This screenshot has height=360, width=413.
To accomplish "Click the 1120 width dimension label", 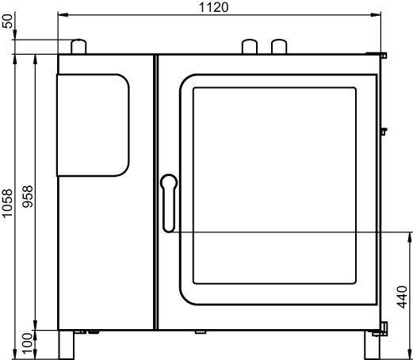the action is [x=213, y=7].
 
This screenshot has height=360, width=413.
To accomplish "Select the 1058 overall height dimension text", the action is [x=8, y=203].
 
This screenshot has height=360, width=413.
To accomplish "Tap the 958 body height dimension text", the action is [x=28, y=197].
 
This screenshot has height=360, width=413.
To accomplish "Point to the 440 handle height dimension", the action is [x=402, y=297].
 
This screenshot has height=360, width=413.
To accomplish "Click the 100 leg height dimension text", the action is [x=28, y=343].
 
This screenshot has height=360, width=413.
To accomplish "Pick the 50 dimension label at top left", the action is [x=8, y=21].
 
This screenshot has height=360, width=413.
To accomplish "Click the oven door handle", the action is [x=169, y=203].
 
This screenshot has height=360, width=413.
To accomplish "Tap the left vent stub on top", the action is [x=78, y=47].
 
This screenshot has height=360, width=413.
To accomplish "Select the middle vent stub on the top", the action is [x=250, y=47].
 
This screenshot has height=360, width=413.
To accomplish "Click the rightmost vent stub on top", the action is [x=279, y=47].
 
